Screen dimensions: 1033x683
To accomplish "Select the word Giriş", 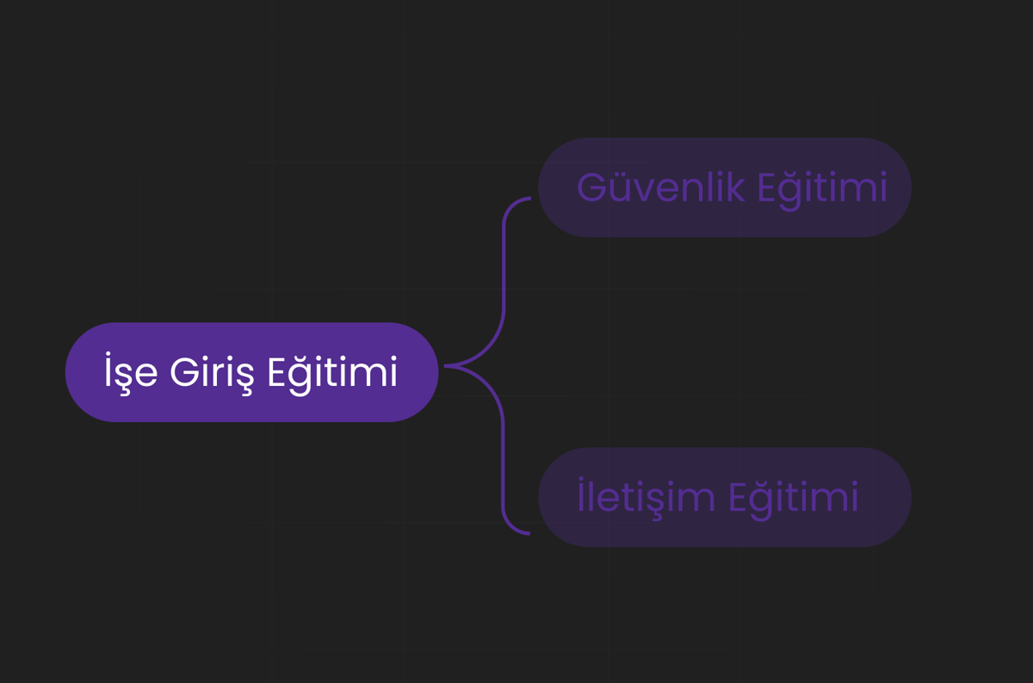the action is point(212,373).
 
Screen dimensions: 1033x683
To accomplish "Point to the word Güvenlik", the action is point(661,187).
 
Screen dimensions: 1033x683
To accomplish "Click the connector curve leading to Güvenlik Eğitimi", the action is point(504,282).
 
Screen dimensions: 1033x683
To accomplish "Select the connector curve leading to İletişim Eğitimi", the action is point(503,450).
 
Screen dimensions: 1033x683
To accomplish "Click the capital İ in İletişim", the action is point(581,494).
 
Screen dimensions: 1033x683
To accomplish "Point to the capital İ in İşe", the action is point(108,369).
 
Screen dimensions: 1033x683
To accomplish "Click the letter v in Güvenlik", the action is point(642,191).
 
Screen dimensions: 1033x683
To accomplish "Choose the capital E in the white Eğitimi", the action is point(277,371).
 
